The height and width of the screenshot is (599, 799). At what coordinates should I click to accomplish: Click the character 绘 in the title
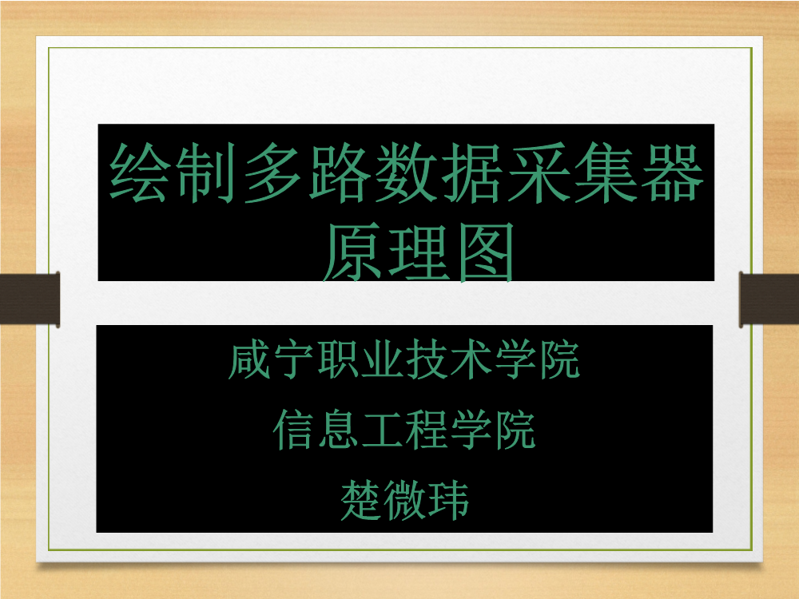tap(138, 173)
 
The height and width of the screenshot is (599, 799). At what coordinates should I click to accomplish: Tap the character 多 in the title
tap(272, 173)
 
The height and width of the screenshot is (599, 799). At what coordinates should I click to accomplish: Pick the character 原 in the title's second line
tap(352, 252)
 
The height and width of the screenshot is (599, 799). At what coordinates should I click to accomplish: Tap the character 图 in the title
tap(485, 252)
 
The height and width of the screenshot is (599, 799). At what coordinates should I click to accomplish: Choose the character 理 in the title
tap(419, 252)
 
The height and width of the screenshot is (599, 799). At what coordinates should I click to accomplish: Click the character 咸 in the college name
tap(249, 361)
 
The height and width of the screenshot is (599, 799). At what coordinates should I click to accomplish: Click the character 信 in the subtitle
tap(293, 430)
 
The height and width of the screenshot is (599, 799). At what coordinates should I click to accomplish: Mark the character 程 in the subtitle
tap(427, 430)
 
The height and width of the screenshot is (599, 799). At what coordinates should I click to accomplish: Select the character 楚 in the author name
tap(361, 501)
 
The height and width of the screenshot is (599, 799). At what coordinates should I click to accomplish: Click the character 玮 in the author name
tap(448, 501)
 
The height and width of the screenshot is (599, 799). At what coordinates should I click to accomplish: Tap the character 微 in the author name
tap(404, 501)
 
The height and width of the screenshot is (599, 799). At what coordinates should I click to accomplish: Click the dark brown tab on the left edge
tap(30, 299)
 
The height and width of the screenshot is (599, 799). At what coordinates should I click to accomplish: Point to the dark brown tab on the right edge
tap(769, 299)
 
